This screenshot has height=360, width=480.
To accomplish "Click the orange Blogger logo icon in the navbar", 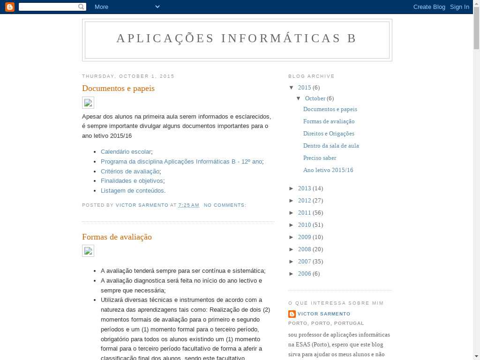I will tap(9, 7).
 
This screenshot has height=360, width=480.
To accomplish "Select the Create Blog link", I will tap(429, 7).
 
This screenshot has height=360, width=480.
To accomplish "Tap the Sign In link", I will tap(459, 7).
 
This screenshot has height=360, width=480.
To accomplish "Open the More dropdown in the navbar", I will tap(127, 7).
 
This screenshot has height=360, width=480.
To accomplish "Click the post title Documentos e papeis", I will tap(118, 88).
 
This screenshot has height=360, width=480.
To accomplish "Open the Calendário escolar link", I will tap(126, 151).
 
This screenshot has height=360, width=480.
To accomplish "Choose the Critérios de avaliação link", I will tap(130, 171).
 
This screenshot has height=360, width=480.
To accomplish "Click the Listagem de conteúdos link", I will tap(132, 190).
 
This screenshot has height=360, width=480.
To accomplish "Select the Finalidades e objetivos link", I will tap(132, 180).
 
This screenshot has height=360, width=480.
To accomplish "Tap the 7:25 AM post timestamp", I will tap(188, 205).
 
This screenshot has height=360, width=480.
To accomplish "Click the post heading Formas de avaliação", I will tap(117, 237).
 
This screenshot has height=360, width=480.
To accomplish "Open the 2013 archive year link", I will tap(304, 188).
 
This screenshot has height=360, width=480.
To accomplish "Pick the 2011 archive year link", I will tap(304, 212).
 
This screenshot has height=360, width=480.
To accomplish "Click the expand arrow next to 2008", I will tap(292, 249).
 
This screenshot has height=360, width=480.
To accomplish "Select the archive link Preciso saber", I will tap(320, 157).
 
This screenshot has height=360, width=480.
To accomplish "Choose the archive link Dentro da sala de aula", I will tap(331, 145).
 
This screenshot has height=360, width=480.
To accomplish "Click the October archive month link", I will tap(315, 98).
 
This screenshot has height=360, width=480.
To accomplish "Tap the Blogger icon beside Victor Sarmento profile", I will tap(292, 314).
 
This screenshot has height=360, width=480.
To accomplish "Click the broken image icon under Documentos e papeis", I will tap(88, 103).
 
